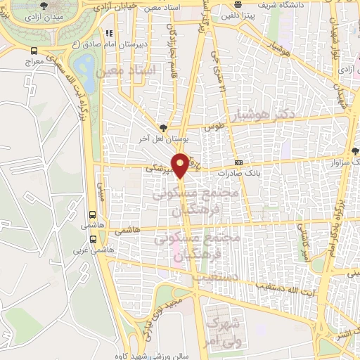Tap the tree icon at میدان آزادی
click(44, 5)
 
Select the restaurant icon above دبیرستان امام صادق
click(108, 32)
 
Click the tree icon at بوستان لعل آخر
click(164, 127)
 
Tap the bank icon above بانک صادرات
click(238, 162)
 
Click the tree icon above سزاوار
click(354, 151)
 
